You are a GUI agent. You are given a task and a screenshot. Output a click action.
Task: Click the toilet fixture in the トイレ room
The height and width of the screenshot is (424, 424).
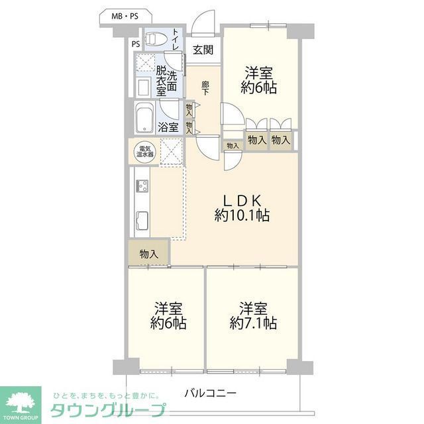click(154, 38)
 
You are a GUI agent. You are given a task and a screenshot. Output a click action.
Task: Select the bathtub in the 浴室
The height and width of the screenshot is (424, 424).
click(145, 118)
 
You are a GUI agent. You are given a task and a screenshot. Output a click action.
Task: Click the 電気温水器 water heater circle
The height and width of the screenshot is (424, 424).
click(145, 151)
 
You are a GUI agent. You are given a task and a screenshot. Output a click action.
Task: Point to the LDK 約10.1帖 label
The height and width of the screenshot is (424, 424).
click(242, 207)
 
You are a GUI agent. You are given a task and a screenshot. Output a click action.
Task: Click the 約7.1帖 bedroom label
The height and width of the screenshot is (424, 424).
click(253, 316)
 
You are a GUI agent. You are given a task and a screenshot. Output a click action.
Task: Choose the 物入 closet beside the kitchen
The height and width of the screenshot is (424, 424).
click(149, 253)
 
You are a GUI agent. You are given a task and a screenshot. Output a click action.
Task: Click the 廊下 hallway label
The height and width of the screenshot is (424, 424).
click(205, 88)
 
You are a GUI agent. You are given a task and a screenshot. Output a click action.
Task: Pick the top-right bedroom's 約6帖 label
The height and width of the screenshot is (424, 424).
click(258, 79)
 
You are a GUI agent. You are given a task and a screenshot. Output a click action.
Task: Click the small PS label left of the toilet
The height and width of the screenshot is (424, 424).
click(135, 44)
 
